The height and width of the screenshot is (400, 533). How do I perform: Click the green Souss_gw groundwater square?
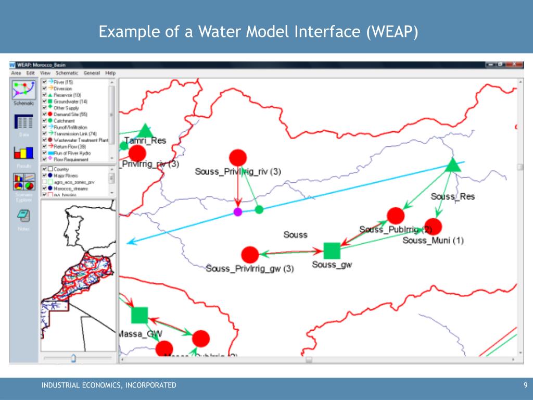[x=332, y=251]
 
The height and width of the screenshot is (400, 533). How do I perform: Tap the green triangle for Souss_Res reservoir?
[x=453, y=165]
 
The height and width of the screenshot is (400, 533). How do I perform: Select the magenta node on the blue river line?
[x=238, y=211]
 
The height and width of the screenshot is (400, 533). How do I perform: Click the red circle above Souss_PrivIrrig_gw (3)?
[x=250, y=255]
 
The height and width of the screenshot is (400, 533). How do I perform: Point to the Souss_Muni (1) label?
[x=433, y=240]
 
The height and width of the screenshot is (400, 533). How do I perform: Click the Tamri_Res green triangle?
[x=145, y=130]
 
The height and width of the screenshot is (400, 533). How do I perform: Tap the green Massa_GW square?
[x=139, y=315]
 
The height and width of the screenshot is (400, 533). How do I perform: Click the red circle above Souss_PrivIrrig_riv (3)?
[x=238, y=157]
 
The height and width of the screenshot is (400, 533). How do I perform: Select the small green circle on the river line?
[x=259, y=209]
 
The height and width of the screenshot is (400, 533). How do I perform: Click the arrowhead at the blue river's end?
[x=130, y=242]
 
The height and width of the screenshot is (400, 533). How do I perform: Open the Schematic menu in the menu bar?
[x=67, y=73]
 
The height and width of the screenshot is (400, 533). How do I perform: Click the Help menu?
[x=110, y=73]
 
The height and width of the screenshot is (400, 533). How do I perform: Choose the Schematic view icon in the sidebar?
[x=23, y=92]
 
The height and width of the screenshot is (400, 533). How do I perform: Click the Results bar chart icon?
[x=23, y=153]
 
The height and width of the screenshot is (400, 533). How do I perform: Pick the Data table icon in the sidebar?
[x=23, y=122]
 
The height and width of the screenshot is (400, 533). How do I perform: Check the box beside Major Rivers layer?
[x=44, y=176]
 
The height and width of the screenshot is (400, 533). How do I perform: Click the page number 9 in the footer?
[x=526, y=385]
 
